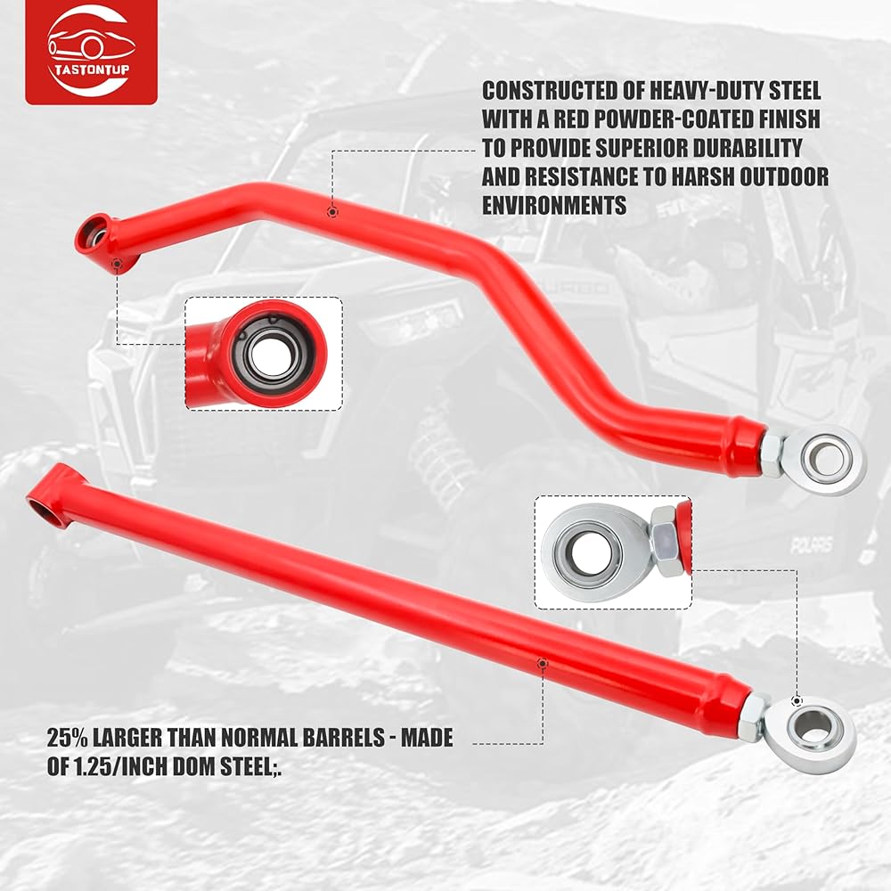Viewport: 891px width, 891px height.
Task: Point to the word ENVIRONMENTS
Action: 553,205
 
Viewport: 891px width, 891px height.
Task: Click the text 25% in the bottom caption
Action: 70,738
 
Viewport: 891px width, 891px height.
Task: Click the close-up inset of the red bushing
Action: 264,354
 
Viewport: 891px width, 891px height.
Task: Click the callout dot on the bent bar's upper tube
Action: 331,212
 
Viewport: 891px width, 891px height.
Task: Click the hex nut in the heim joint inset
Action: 663,540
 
